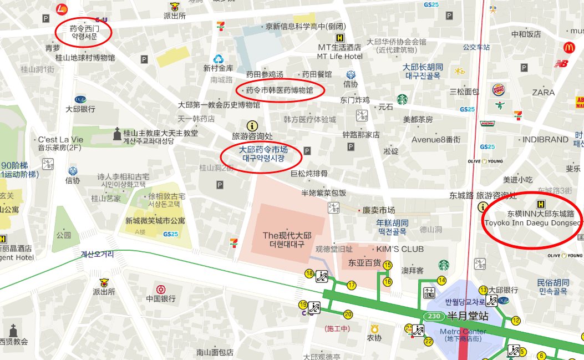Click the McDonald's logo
click(x=569, y=48)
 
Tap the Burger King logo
click(x=498, y=90)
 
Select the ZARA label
click(x=543, y=92)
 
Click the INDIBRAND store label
click(x=545, y=139)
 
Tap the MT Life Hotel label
click(x=339, y=56)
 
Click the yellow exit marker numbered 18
click(x=309, y=273)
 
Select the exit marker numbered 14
click(x=442, y=281)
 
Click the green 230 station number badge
click(x=433, y=316)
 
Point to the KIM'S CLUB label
click(x=400, y=249)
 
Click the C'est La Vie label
click(x=60, y=140)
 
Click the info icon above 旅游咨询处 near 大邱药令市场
click(x=252, y=126)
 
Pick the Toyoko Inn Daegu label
click(x=532, y=223)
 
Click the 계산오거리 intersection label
click(x=98, y=255)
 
